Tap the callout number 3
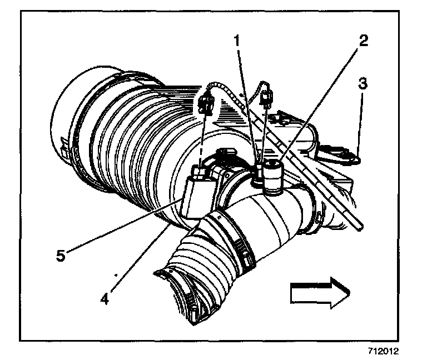361,84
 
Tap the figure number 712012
384,351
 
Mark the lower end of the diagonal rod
360,225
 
